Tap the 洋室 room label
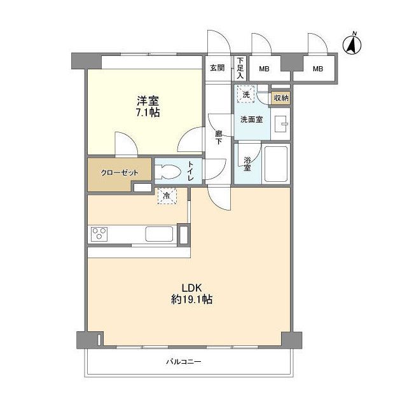pyautogui.click(x=147, y=100)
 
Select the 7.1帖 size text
pyautogui.click(x=147, y=113)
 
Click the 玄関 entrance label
pyautogui.click(x=217, y=68)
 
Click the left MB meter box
pyautogui.click(x=263, y=69)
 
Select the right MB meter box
pyautogui.click(x=317, y=69)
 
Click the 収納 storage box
pyautogui.click(x=280, y=98)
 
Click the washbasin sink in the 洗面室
pyautogui.click(x=280, y=123)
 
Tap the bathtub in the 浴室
pyautogui.click(x=276, y=163)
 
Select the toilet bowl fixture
pyautogui.click(x=167, y=171)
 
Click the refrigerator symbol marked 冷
pyautogui.click(x=167, y=197)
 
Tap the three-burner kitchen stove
pyautogui.click(x=100, y=234)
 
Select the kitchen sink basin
pyautogui.click(x=159, y=234)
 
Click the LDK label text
pyautogui.click(x=191, y=286)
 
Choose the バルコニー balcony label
pyautogui.click(x=184, y=362)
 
